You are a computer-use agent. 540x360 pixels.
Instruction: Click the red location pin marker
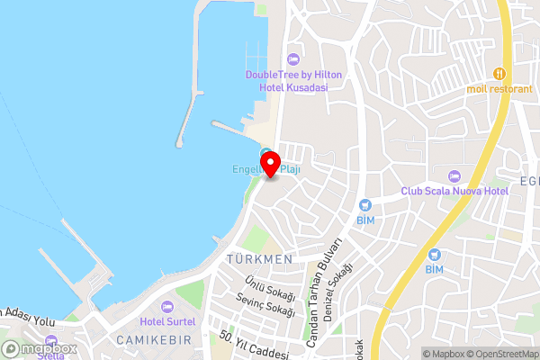click(265, 160)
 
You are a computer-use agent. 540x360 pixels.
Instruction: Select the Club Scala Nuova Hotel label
click(454, 192)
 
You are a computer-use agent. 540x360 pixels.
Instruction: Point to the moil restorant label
click(499, 88)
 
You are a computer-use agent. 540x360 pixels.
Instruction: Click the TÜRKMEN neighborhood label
click(260, 259)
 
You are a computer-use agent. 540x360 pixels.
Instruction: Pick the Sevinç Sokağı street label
click(265, 305)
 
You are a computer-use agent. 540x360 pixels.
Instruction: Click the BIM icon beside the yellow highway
click(436, 255)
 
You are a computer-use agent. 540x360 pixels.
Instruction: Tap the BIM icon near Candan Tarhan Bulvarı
click(364, 206)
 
